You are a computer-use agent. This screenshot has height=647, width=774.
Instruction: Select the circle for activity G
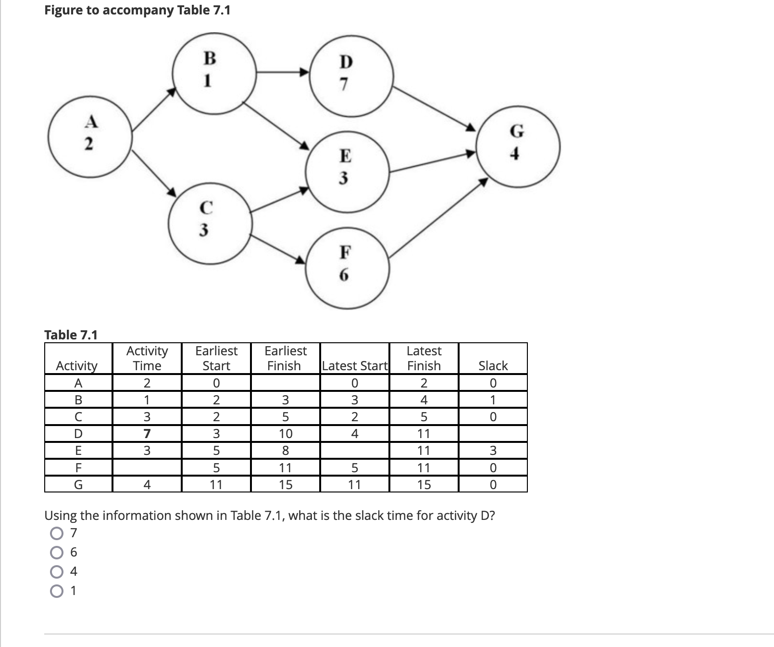point(518,146)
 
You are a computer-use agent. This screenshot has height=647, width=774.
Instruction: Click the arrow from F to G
point(438,217)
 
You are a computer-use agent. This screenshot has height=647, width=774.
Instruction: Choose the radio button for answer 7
point(56,533)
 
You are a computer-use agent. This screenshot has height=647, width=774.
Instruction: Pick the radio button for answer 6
point(56,553)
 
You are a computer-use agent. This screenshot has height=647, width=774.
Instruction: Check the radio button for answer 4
point(56,572)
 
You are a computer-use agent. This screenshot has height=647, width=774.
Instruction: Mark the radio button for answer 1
point(56,591)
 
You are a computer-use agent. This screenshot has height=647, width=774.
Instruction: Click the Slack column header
point(493,366)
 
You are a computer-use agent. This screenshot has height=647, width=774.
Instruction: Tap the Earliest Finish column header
point(285,358)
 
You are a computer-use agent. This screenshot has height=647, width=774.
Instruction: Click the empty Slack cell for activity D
point(493,434)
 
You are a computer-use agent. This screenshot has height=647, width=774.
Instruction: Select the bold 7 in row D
point(147,434)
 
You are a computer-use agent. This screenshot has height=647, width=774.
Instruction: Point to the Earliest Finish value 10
point(286,434)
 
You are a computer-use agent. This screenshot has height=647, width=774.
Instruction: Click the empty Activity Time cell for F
point(147,467)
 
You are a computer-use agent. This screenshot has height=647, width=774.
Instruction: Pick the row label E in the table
point(78,451)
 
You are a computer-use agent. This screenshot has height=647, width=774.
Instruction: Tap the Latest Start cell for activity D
point(354,434)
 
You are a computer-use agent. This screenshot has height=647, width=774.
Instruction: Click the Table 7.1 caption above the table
point(71,335)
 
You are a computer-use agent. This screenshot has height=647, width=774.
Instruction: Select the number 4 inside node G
point(515,154)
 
